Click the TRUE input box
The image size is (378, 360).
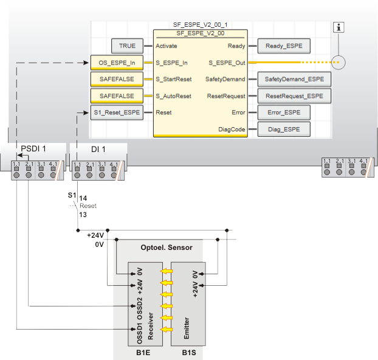click(127, 46)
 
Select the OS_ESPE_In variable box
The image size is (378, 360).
click(117, 62)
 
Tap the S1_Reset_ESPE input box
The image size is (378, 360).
click(117, 112)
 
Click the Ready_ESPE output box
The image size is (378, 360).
click(284, 46)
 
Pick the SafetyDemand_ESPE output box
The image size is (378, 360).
click(294, 79)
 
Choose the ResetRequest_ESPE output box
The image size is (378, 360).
click(294, 96)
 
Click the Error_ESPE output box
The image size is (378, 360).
click(284, 112)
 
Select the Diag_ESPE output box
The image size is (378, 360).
click(284, 129)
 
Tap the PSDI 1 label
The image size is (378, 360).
click(34, 148)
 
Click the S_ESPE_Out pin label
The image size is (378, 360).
click(227, 62)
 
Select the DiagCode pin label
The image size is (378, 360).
click(232, 129)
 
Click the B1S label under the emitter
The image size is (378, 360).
click(190, 352)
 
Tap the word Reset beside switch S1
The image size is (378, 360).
click(88, 206)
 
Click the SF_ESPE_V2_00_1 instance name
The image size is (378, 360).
click(200, 24)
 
